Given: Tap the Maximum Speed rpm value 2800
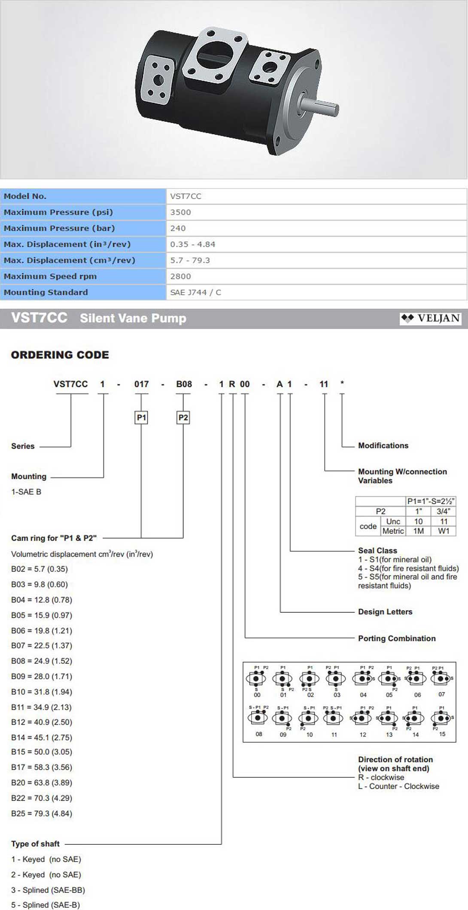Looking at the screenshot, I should tap(180, 276).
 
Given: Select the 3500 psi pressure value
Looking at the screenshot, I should tap(180, 212).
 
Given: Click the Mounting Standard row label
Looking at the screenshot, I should tap(46, 292).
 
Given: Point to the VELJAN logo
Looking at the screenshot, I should tap(430, 318).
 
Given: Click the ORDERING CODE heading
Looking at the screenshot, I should tap(60, 355).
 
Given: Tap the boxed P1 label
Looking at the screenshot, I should tap(141, 417).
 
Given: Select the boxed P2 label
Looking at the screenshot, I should tap(183, 417).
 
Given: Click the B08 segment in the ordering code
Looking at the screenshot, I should tap(184, 384).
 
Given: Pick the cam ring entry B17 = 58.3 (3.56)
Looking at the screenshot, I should tap(42, 767).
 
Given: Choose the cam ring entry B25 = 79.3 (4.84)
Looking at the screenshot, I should tap(42, 813).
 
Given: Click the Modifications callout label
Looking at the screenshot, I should tap(383, 445).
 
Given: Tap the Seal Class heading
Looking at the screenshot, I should tap(377, 550).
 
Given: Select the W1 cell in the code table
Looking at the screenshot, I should tap(444, 531).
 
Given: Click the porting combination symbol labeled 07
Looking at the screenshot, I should tap(441, 679).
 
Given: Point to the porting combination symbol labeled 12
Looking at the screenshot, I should tap(362, 718).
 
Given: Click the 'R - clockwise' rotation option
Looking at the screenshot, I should tap(381, 777).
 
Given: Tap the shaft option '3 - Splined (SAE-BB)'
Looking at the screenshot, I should tap(48, 890).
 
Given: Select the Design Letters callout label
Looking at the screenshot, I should tap(385, 612).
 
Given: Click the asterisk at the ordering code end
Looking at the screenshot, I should tap(342, 383).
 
